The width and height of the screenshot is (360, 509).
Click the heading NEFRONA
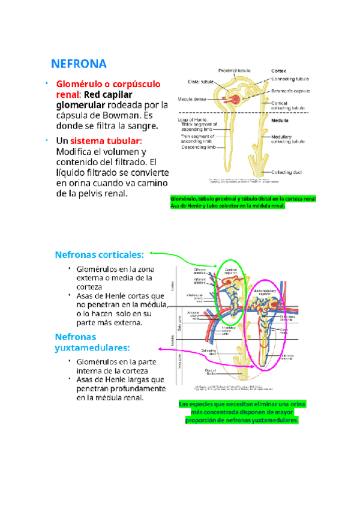coord(78,64)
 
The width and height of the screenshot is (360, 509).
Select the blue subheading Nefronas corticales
coord(99,254)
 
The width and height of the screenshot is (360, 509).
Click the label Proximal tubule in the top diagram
coord(234,70)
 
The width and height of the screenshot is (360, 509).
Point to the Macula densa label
coord(192,99)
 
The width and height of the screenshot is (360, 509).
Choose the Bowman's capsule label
coord(290,91)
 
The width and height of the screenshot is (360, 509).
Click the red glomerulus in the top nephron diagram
coord(236,97)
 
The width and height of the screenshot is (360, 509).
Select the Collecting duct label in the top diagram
coord(286,172)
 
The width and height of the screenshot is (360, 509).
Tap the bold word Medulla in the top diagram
coord(281,120)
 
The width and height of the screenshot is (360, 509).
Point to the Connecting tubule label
coord(290,79)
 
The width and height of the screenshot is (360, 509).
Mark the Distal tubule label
coord(201,82)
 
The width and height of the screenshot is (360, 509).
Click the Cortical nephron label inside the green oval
coord(231,271)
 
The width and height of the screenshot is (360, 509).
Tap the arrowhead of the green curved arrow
coord(152,253)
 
